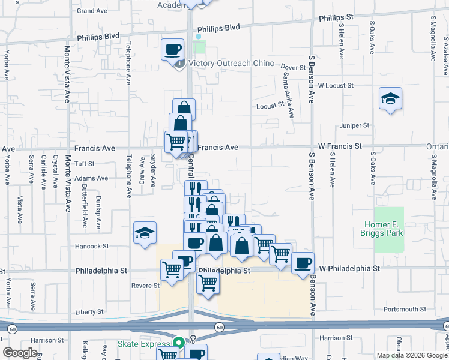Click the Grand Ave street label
(x=92, y=11)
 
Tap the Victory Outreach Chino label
(x=231, y=64)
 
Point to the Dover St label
(x=293, y=68)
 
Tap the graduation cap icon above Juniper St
(x=390, y=98)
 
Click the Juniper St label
(x=354, y=125)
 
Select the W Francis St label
(x=340, y=146)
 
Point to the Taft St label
(x=84, y=163)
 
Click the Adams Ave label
(x=91, y=178)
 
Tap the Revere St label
(x=145, y=286)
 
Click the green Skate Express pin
(x=178, y=343)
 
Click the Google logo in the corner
(x=20, y=353)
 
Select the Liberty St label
(x=90, y=312)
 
